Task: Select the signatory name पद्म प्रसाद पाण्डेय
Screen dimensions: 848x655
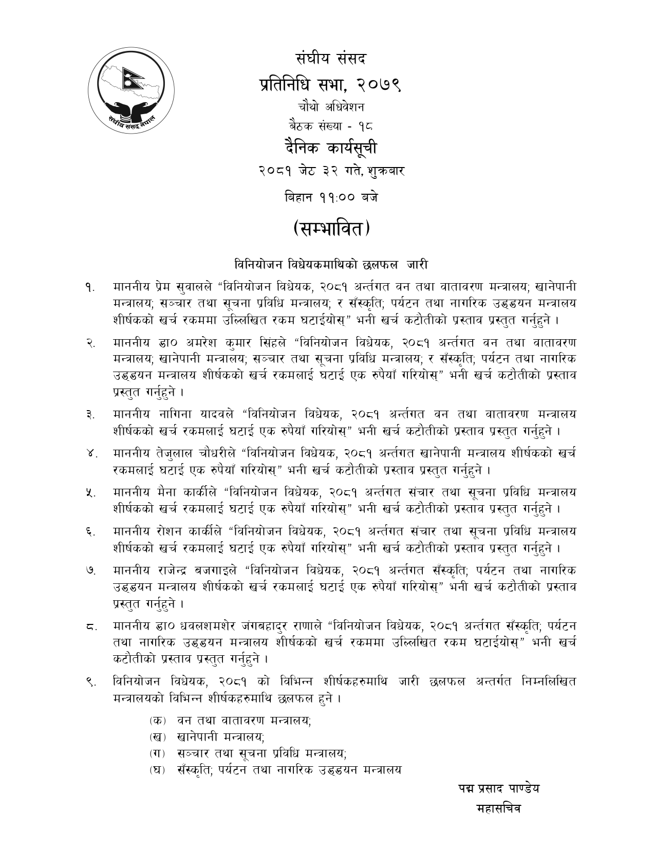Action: coord(499,788)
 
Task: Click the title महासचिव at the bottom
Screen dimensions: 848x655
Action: coord(499,808)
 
